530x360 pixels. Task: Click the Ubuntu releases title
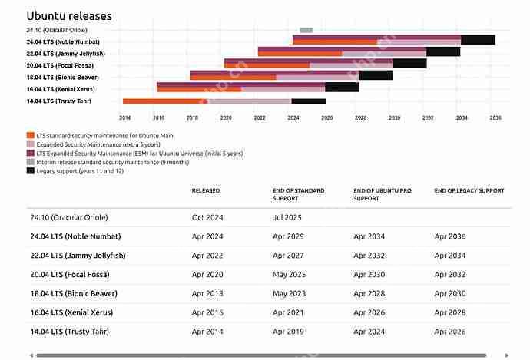pyautogui.click(x=69, y=16)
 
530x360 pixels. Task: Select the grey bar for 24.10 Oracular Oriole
pyautogui.click(x=306, y=30)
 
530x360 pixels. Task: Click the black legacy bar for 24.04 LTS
pyautogui.click(x=478, y=39)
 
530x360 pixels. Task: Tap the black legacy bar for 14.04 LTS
pyautogui.click(x=308, y=101)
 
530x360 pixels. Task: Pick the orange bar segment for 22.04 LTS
pyautogui.click(x=300, y=54)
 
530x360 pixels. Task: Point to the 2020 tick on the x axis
pyautogui.click(x=226, y=117)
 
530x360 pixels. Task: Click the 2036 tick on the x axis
pyautogui.click(x=495, y=117)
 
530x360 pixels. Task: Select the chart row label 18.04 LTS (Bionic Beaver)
pyautogui.click(x=63, y=78)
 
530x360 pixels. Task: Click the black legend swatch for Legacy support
pyautogui.click(x=31, y=171)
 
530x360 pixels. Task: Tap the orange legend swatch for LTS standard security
pyautogui.click(x=31, y=135)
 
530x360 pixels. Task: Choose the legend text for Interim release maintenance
pyautogui.click(x=113, y=162)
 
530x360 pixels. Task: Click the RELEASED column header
pyautogui.click(x=206, y=191)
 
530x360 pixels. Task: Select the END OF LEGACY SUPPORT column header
pyautogui.click(x=469, y=191)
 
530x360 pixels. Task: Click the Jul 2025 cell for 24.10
pyautogui.click(x=287, y=217)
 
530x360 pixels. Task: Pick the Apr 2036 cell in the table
pyautogui.click(x=450, y=236)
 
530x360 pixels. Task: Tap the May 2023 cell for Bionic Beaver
pyautogui.click(x=289, y=294)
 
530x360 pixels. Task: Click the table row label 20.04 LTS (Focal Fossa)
pyautogui.click(x=70, y=275)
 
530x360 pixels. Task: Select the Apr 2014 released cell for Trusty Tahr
pyautogui.click(x=207, y=332)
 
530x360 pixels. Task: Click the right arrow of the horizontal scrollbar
pyautogui.click(x=506, y=355)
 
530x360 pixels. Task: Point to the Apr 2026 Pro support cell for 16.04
pyautogui.click(x=369, y=312)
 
